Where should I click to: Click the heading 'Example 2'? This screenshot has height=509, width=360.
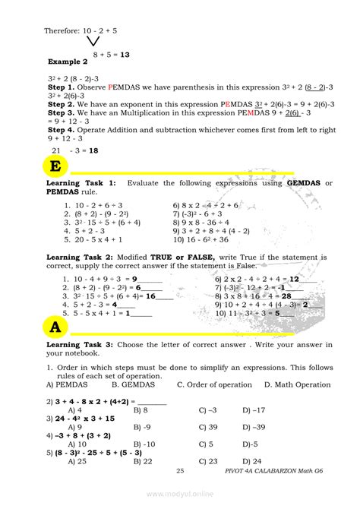coord(68,61)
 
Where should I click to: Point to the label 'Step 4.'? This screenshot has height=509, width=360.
coord(62,130)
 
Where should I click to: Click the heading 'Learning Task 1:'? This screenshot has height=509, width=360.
coord(81,183)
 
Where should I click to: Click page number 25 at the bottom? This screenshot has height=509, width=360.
coord(180,472)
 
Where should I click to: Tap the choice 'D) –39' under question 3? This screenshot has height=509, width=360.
coord(254,427)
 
